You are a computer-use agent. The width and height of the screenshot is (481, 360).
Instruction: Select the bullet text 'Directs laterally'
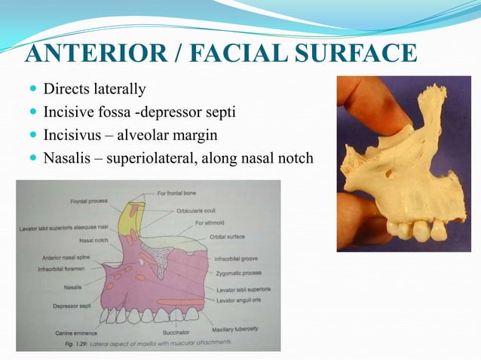pos(94,90)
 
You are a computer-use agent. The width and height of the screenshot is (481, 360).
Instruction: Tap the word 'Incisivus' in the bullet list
pos(72,136)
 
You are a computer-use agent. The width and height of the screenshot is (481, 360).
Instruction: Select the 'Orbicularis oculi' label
pos(198,211)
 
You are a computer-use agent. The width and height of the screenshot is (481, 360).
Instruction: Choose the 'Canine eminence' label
pos(75,332)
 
